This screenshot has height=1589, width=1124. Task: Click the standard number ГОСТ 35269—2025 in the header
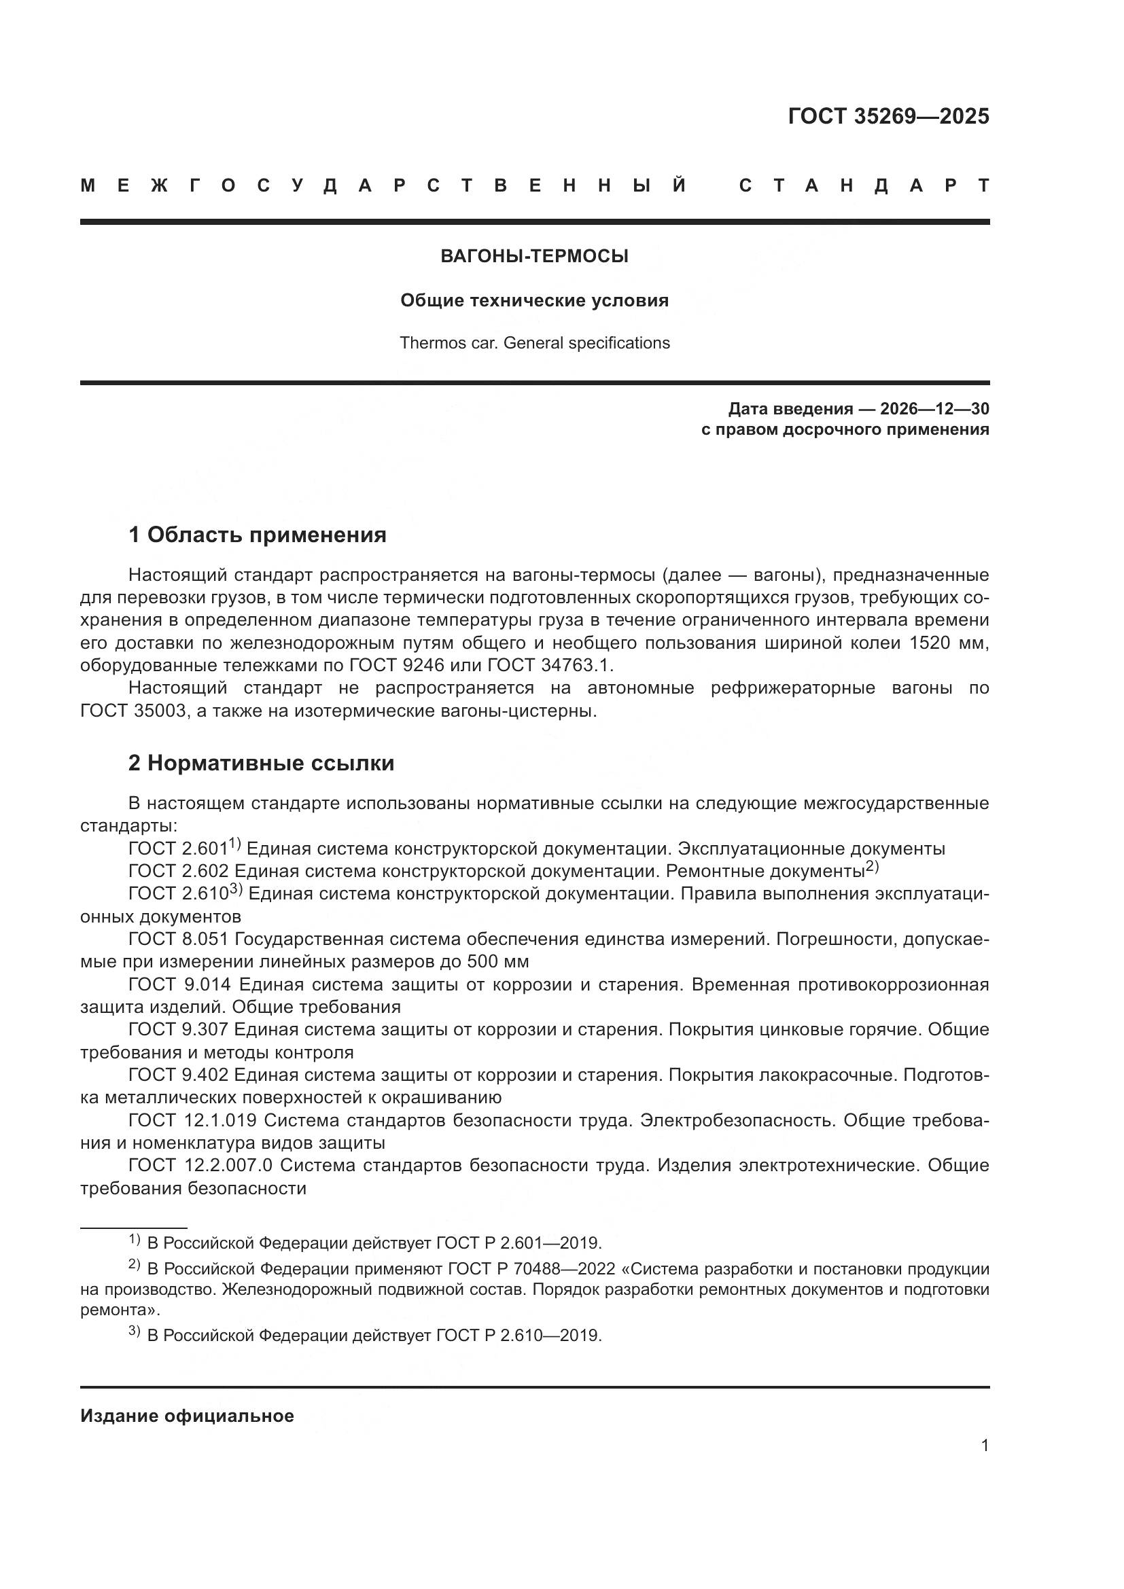[888, 116]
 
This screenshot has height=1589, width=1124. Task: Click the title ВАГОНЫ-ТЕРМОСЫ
[534, 257]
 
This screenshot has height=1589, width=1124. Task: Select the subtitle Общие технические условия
[534, 300]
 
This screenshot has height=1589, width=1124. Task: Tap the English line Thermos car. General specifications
[534, 343]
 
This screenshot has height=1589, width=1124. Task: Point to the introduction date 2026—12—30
[934, 409]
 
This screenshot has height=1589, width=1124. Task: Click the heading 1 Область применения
[257, 535]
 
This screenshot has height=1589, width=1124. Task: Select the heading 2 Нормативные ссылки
[261, 764]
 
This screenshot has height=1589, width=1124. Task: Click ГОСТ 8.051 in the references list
[178, 939]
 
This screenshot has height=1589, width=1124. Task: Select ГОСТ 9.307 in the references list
[178, 1029]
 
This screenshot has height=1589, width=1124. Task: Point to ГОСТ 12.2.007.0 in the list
[200, 1166]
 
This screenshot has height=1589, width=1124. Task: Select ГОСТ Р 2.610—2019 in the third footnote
[519, 1336]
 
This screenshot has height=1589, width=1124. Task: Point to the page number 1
[984, 1446]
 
